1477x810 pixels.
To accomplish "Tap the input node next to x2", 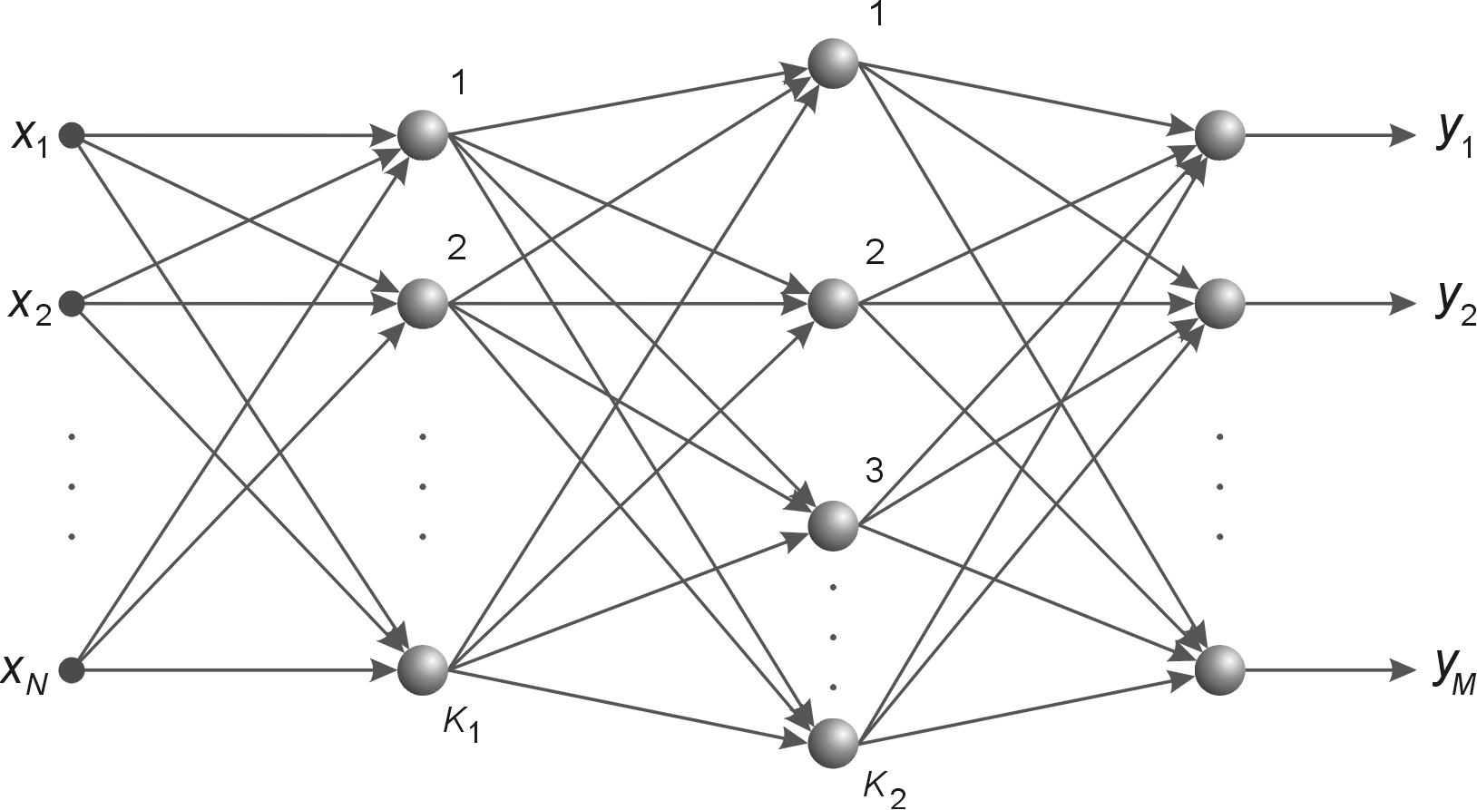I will coord(72,303).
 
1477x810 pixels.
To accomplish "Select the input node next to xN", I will coord(72,670).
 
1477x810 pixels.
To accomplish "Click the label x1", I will coord(29,137).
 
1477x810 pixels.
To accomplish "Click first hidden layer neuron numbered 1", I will coord(423,136).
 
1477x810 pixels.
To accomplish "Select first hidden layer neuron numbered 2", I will coord(423,302).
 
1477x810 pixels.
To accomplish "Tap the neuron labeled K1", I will coord(423,670).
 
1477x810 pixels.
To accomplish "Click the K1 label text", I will coord(461,725).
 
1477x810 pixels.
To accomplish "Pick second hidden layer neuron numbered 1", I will coord(833,63).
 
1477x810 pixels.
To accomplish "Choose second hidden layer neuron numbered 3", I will coord(833,525).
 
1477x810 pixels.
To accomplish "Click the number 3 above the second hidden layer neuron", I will coord(874,472).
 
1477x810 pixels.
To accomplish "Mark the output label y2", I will coord(1455,305).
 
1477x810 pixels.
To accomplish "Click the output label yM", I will coord(1455,671).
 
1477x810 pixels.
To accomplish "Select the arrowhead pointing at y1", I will coord(1403,136).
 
